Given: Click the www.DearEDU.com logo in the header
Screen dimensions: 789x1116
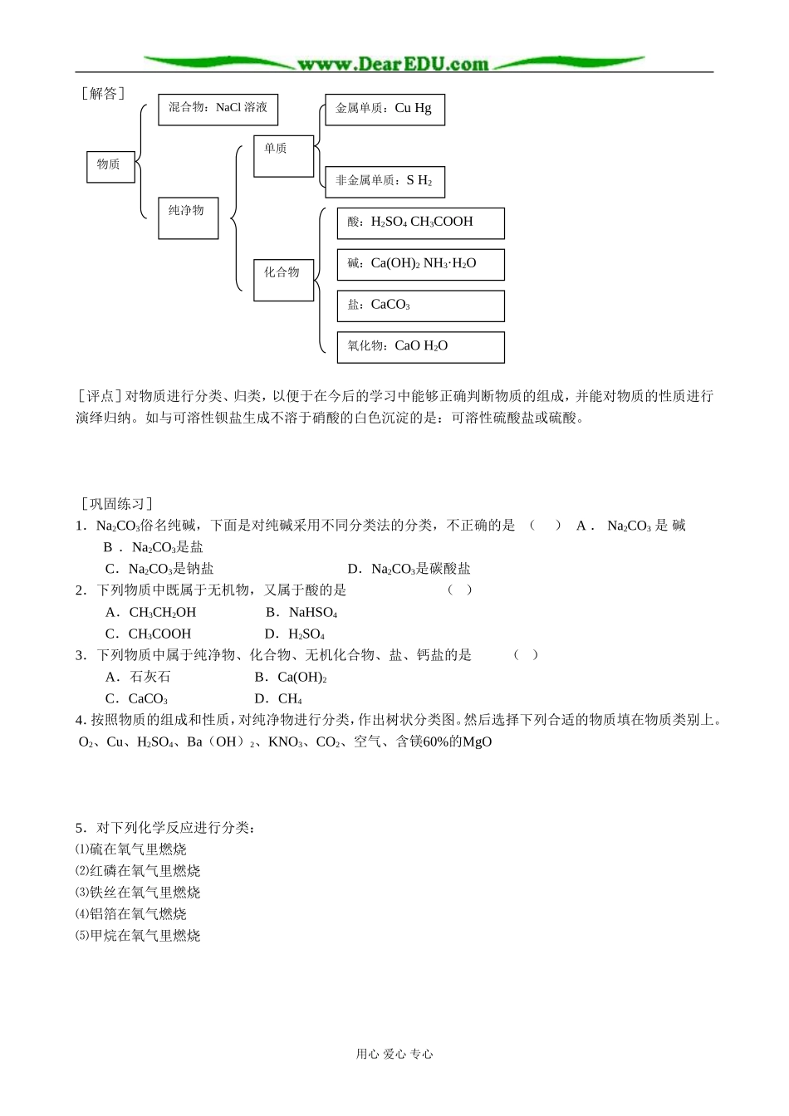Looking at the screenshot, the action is (x=393, y=63).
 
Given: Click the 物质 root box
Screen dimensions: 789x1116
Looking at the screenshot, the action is (x=110, y=166).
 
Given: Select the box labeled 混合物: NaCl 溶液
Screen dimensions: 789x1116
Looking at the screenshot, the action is (x=218, y=109).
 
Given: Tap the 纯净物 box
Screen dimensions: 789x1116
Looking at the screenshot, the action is (x=188, y=218).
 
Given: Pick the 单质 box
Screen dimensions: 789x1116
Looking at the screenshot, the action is (x=283, y=156).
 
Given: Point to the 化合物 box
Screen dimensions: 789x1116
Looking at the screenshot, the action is (x=283, y=279).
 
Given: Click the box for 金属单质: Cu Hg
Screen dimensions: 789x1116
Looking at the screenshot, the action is (x=385, y=109).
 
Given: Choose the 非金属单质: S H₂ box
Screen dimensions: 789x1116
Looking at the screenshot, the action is (x=385, y=181).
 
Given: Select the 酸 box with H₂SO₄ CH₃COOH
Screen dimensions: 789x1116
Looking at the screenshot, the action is (x=420, y=223).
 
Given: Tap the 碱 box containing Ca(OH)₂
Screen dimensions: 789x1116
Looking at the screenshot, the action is (x=420, y=264).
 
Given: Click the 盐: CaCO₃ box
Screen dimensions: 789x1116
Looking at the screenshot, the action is (x=420, y=306).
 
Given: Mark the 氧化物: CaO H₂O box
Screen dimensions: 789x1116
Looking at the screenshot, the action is (x=420, y=347).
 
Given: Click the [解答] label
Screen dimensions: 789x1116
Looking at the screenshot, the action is (x=103, y=93).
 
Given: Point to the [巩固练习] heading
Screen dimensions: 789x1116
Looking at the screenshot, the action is (x=116, y=503).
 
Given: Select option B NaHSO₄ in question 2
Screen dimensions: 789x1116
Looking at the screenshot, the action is (x=302, y=613).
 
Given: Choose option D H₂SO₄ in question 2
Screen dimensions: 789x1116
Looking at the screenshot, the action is (x=296, y=634).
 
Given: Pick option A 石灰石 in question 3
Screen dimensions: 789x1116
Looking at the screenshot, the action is (x=139, y=678).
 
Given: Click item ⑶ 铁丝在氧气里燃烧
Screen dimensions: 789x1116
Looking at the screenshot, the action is (x=138, y=893).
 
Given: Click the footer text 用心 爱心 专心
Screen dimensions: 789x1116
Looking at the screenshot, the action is (x=394, y=1054).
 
